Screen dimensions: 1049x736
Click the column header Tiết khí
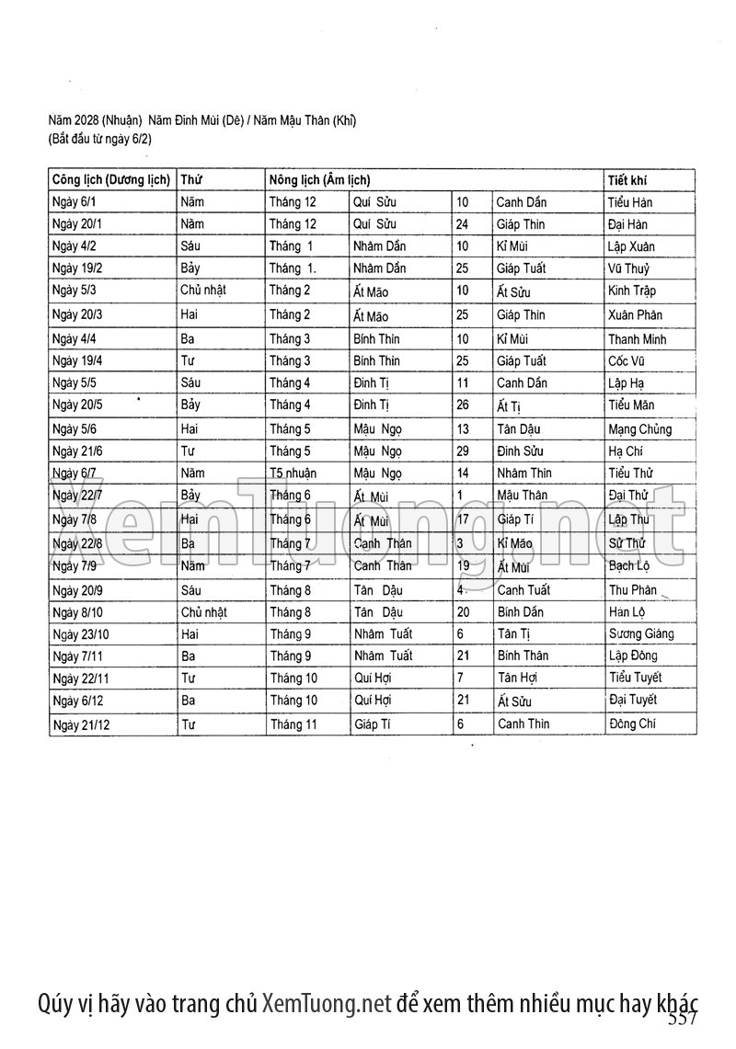pyautogui.click(x=627, y=180)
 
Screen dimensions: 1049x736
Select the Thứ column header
pyautogui.click(x=191, y=180)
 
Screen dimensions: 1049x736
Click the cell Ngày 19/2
pyautogui.click(x=77, y=268)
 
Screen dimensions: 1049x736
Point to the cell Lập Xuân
pyautogui.click(x=631, y=246)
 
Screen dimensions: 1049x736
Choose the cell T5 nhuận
pyautogui.click(x=292, y=473)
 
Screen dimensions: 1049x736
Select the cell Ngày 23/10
pyautogui.click(x=81, y=633)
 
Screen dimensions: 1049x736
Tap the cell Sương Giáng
pyautogui.click(x=640, y=633)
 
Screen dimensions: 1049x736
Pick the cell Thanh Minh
pyautogui.click(x=637, y=338)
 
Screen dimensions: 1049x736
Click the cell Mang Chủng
pyautogui.click(x=639, y=429)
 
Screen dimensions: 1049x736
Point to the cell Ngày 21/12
pyautogui.click(x=81, y=724)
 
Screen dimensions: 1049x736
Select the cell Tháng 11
pyautogui.click(x=293, y=724)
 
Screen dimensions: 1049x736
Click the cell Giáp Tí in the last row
pyautogui.click(x=372, y=724)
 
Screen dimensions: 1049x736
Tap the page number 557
pyautogui.click(x=683, y=1018)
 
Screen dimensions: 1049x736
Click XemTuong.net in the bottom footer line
pyautogui.click(x=328, y=1002)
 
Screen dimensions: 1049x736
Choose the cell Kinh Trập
pyautogui.click(x=632, y=291)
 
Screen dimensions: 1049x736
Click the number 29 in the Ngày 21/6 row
pyautogui.click(x=463, y=451)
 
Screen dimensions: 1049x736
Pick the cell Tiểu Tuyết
pyautogui.click(x=635, y=678)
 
